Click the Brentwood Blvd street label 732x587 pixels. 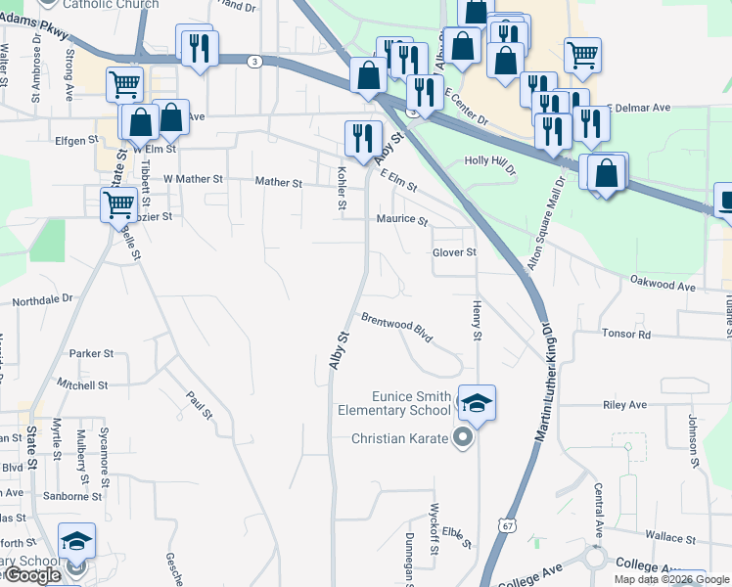click(396, 327)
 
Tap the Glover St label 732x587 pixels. click(454, 252)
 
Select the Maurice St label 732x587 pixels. click(402, 220)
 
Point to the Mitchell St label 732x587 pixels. click(82, 384)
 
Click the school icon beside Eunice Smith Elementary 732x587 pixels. click(478, 402)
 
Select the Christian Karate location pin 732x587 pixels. click(464, 438)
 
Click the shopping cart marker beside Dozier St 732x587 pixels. click(118, 205)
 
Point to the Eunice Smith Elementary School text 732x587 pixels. click(411, 403)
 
